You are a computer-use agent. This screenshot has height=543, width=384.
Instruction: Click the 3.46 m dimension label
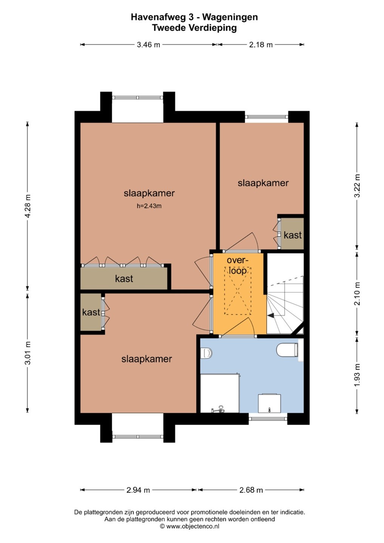tap(148, 44)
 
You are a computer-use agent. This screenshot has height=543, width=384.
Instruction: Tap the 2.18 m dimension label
tap(261, 44)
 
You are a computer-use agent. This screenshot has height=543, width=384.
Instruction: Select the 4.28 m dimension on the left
tap(28, 206)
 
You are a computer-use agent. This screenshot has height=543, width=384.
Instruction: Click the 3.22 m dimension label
tap(357, 186)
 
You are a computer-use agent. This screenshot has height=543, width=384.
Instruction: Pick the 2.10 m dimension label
tap(357, 293)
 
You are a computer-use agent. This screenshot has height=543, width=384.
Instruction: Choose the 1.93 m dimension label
tap(357, 375)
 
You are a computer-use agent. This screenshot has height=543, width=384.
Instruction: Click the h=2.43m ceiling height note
tap(149, 206)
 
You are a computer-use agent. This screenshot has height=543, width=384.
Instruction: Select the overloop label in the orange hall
tap(237, 265)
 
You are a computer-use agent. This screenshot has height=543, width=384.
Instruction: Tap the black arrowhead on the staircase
tap(270, 315)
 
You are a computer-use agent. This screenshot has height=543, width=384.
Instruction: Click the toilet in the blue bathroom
tap(287, 350)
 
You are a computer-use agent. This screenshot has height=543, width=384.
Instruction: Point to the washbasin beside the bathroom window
tap(269, 403)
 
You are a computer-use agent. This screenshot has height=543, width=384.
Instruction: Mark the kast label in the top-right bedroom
tap(293, 235)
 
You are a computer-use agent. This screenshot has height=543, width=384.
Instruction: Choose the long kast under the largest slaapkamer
tap(124, 278)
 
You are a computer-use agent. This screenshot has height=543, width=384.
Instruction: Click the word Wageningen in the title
tap(230, 17)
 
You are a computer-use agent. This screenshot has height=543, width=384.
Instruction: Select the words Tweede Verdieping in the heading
tap(194, 28)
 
